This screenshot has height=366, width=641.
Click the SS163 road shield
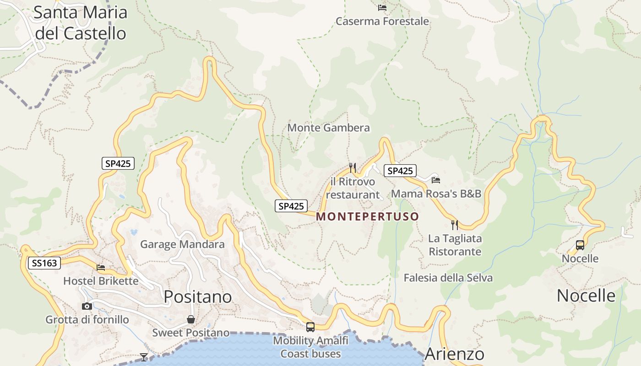44,263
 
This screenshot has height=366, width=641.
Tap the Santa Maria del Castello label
81,23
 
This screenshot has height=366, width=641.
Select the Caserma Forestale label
382,22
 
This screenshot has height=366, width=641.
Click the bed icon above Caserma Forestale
382,8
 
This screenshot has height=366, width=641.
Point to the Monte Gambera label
328,128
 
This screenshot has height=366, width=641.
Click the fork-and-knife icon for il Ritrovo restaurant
352,167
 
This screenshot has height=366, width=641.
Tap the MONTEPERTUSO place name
367,216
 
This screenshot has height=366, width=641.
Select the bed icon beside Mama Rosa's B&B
435,180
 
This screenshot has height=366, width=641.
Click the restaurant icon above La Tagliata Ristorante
454,225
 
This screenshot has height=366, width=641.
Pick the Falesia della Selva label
448,278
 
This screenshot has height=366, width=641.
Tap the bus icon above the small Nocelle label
580,245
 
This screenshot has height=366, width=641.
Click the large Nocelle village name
586,296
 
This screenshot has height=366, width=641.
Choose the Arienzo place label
454,354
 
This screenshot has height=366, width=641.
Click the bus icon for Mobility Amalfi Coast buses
310,327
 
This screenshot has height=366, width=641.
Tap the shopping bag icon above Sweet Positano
190,319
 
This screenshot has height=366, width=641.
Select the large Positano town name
198,297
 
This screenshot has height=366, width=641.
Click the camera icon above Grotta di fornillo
87,306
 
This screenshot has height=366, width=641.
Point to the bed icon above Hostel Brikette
101,267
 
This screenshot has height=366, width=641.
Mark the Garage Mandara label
182,244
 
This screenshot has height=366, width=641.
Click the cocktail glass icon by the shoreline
144,357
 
